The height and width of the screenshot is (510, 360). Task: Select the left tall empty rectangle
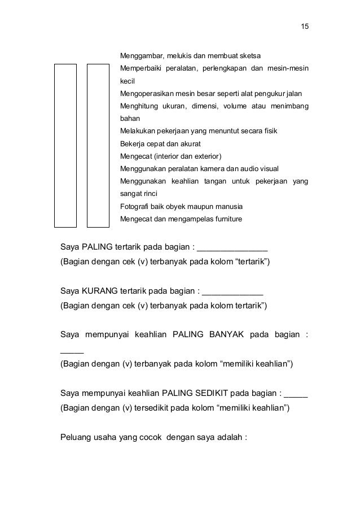pyautogui.click(x=65, y=145)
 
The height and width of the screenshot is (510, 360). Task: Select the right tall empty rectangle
pyautogui.click(x=98, y=145)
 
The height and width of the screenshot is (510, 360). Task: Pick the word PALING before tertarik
pyautogui.click(x=99, y=247)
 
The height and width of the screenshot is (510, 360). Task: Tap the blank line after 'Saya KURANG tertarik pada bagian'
pyautogui.click(x=232, y=293)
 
